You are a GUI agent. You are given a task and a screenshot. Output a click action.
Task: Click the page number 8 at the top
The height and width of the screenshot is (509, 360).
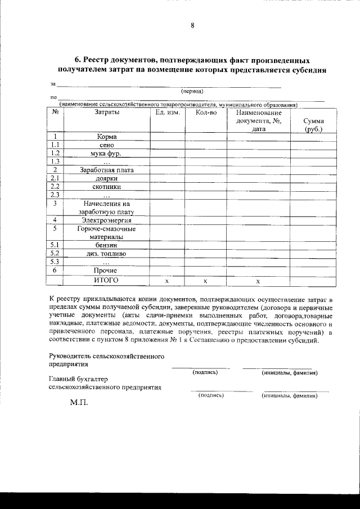click(x=192, y=25)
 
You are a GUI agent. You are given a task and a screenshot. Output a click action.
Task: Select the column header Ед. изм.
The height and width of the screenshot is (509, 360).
click(x=168, y=112)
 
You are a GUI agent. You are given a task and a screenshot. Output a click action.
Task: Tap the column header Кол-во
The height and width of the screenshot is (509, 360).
click(x=206, y=112)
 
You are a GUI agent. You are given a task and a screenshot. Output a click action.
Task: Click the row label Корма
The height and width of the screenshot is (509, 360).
click(x=106, y=136)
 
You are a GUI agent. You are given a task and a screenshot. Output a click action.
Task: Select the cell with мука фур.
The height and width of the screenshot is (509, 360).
click(x=106, y=153)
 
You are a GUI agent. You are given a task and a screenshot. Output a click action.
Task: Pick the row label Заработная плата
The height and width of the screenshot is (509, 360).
click(x=106, y=170)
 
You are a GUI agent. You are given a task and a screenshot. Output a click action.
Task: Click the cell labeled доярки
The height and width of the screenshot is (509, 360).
click(x=106, y=178)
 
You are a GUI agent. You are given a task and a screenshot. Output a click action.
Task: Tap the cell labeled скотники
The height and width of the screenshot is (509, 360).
click(x=106, y=187)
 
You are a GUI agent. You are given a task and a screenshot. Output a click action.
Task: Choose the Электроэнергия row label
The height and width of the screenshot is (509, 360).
click(x=106, y=220)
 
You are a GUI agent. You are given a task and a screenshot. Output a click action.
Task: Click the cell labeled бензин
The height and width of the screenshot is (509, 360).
click(x=106, y=245)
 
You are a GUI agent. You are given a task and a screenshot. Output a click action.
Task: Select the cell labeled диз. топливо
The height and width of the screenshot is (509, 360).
click(x=106, y=254)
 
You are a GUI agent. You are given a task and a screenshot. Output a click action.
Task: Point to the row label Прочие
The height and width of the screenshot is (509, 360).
click(x=106, y=271)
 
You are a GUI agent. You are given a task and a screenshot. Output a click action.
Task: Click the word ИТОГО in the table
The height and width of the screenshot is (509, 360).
click(x=106, y=280)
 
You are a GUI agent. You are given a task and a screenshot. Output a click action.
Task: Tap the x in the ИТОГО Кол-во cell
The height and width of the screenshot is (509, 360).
click(x=206, y=280)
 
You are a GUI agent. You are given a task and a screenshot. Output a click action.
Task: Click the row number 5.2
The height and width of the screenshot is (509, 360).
click(x=55, y=254)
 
